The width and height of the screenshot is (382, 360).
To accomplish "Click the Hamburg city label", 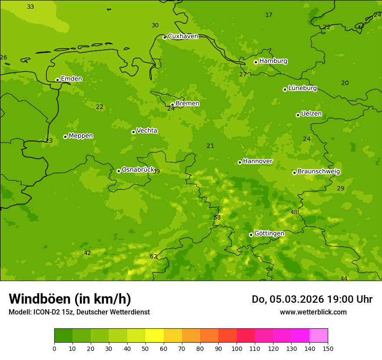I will (273, 61).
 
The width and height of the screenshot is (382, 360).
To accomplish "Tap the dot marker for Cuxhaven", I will (165, 37).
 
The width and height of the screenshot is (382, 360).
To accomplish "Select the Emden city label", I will (71, 79).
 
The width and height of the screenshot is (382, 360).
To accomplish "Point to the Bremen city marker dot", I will (172, 105).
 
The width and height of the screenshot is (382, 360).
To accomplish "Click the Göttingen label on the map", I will (269, 234).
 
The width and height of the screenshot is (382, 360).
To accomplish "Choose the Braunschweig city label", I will (319, 172).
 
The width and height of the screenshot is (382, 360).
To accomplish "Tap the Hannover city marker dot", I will (240, 162).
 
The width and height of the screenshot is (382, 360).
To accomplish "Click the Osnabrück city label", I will (138, 170).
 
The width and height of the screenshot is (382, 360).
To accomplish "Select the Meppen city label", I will (81, 136).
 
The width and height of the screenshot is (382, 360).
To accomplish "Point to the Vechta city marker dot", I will (133, 132).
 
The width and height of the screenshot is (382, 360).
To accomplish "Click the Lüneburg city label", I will (303, 88).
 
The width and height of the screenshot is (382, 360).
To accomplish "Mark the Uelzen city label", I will (311, 114).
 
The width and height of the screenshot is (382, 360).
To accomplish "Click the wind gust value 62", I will (154, 257).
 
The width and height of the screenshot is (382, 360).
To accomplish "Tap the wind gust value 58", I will (217, 218).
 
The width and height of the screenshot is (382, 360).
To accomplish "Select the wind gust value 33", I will (30, 7).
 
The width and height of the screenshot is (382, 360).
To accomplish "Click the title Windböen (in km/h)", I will (70, 299).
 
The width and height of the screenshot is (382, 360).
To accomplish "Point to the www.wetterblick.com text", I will (313, 312).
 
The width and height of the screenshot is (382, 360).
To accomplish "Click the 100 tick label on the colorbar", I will (237, 348).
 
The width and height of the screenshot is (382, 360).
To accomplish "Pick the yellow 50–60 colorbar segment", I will (154, 336).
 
